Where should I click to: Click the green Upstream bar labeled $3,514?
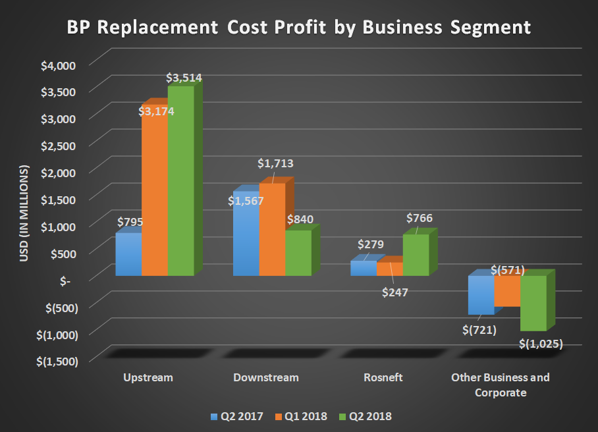(x=181, y=181)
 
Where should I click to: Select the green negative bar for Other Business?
(x=533, y=303)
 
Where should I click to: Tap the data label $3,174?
(x=157, y=111)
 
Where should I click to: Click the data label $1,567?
(x=246, y=201)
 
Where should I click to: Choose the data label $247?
(x=395, y=292)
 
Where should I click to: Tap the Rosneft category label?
(x=383, y=378)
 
